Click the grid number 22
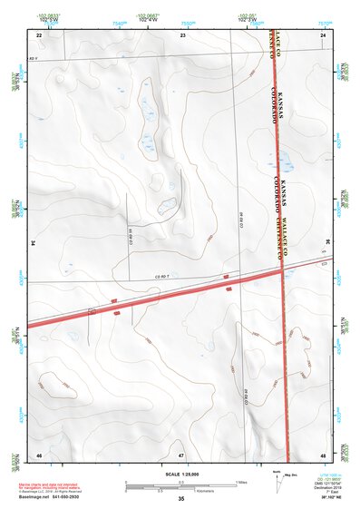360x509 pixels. click(39, 34)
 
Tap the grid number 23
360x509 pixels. click(182, 34)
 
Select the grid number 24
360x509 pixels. click(323, 34)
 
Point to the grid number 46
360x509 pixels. click(39, 454)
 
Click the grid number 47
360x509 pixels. click(181, 454)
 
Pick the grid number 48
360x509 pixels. click(323, 454)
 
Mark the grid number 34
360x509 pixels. click(34, 244)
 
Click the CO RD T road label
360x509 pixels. click(163, 275)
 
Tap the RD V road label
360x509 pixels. click(34, 58)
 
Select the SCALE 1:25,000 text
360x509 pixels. click(181, 475)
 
